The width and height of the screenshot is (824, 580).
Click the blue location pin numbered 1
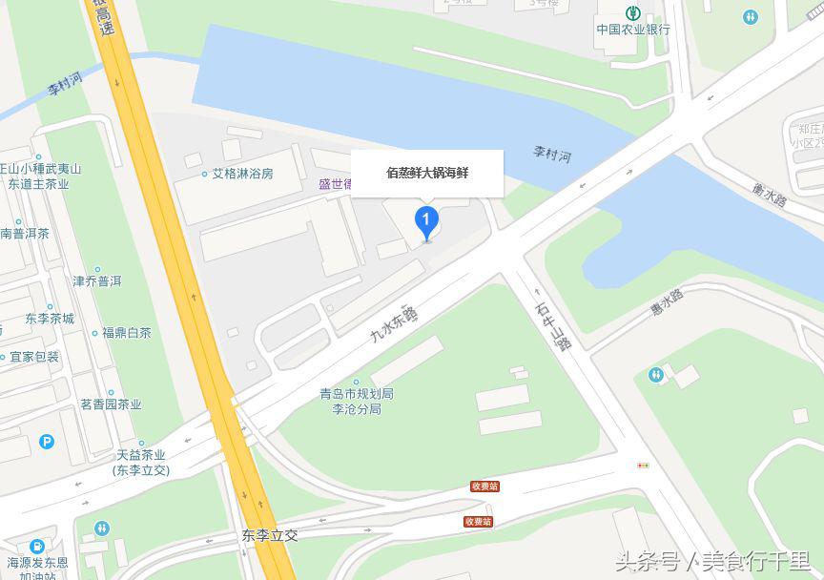pyautogui.click(x=426, y=221)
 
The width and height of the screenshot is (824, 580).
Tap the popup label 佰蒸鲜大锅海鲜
pyautogui.click(x=427, y=174)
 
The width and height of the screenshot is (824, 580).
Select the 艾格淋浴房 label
pyautogui.click(x=242, y=174)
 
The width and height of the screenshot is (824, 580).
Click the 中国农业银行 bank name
pyautogui.click(x=633, y=29)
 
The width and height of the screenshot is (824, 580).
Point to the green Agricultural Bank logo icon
pyautogui.click(x=632, y=12)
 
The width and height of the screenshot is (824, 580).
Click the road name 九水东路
pyautogui.click(x=393, y=325)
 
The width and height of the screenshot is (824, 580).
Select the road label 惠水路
pyautogui.click(x=667, y=302)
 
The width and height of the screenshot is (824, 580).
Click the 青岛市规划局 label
pyautogui.click(x=356, y=394)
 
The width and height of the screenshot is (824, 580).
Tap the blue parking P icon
pyautogui.click(x=47, y=442)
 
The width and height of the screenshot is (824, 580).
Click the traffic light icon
pyautogui.click(x=643, y=466)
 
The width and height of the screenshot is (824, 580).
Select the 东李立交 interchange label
pyautogui.click(x=270, y=535)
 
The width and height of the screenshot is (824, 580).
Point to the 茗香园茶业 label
pyautogui.click(x=111, y=404)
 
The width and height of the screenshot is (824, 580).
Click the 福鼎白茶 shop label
pyautogui.click(x=126, y=333)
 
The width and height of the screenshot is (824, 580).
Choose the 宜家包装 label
pyautogui.click(x=34, y=357)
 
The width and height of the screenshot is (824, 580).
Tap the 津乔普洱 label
pyautogui.click(x=97, y=281)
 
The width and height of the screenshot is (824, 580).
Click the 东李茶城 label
pyautogui.click(x=50, y=319)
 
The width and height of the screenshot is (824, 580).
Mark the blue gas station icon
pyautogui.click(x=36, y=547)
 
